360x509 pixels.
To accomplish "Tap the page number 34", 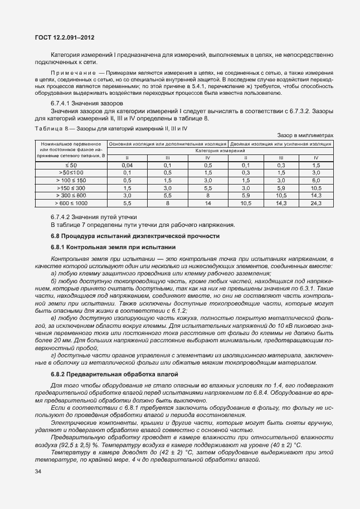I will point(38,472).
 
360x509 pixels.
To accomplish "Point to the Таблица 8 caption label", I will point(48,128).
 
